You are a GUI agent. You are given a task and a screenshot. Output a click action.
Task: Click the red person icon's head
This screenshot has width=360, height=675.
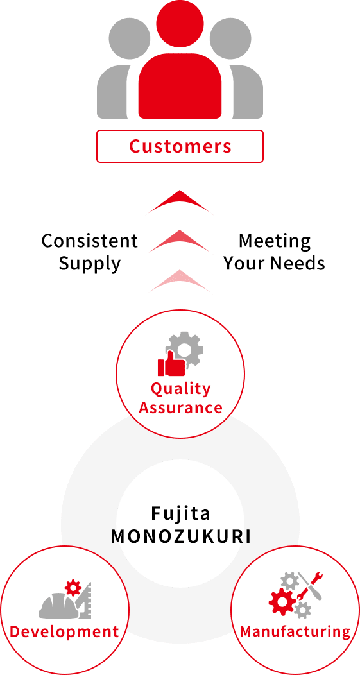180,23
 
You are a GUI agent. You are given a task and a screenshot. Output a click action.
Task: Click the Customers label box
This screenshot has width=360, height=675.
180,146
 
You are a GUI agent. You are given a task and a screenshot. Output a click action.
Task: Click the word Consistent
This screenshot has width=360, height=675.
90,241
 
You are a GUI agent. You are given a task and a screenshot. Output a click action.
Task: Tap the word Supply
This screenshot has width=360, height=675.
90,264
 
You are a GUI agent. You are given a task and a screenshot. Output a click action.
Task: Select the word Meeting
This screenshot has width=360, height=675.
275,241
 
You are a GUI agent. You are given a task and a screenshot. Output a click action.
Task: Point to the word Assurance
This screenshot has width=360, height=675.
180,407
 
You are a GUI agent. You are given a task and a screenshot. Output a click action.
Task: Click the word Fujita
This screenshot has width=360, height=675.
180,513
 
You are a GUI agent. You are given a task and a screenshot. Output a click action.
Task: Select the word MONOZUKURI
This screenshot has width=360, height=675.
180,537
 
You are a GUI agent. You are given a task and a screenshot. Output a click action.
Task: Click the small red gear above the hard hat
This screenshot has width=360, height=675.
73,587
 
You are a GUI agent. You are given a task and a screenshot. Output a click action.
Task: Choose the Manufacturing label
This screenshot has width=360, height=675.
295,631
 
